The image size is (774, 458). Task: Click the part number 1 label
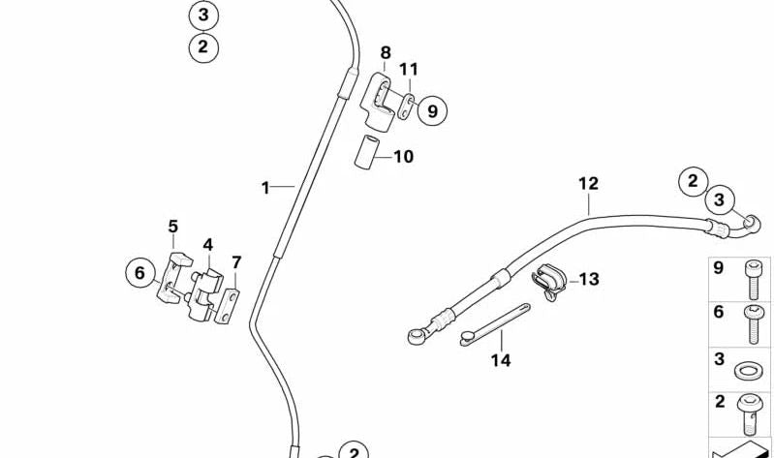[x=264, y=188]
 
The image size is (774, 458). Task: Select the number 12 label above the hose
[x=589, y=183]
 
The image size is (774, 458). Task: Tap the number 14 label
[x=501, y=360]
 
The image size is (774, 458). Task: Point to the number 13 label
[x=589, y=280]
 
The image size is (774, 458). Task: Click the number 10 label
[x=403, y=156]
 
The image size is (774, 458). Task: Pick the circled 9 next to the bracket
[x=432, y=110]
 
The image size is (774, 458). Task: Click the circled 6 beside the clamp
[x=139, y=274]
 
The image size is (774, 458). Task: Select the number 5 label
[x=173, y=227]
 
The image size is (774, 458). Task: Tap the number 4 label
[x=207, y=246]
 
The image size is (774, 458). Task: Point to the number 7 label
[x=236, y=262]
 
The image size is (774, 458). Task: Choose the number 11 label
[x=409, y=70]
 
